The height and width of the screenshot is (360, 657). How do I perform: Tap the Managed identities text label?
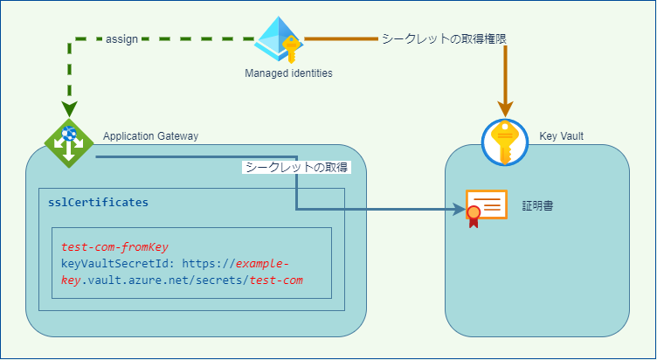coord(288,73)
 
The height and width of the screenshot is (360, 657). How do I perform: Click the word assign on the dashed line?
coord(122,39)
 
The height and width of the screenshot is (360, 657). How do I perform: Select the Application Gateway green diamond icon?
coord(69,142)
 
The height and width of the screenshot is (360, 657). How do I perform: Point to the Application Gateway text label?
coord(151,135)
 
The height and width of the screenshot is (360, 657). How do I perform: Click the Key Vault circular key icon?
coord(506,142)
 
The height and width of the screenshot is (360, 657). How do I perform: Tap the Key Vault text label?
coord(562,135)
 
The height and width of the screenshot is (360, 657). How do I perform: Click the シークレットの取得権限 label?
coord(444,39)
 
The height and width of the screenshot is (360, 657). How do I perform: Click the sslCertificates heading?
coord(98,202)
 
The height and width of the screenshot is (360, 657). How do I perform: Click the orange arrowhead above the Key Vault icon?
coord(506,109)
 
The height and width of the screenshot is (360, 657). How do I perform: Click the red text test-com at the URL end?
coord(276,280)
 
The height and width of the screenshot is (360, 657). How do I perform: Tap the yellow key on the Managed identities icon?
coord(290,45)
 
